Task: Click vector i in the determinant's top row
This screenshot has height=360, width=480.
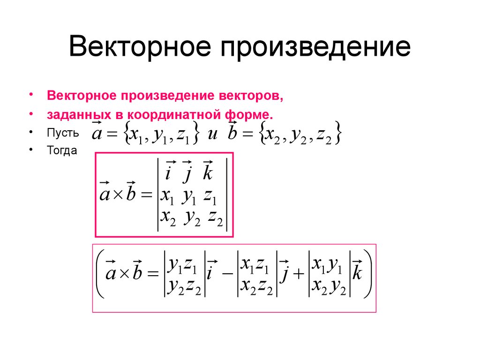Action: click(x=167, y=174)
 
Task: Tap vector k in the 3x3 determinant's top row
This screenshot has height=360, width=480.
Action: click(x=208, y=173)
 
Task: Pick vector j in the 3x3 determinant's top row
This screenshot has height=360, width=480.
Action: click(x=187, y=174)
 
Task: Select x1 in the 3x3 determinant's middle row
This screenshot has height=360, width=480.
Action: click(x=167, y=197)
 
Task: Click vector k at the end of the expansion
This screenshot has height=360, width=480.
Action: click(x=357, y=273)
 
